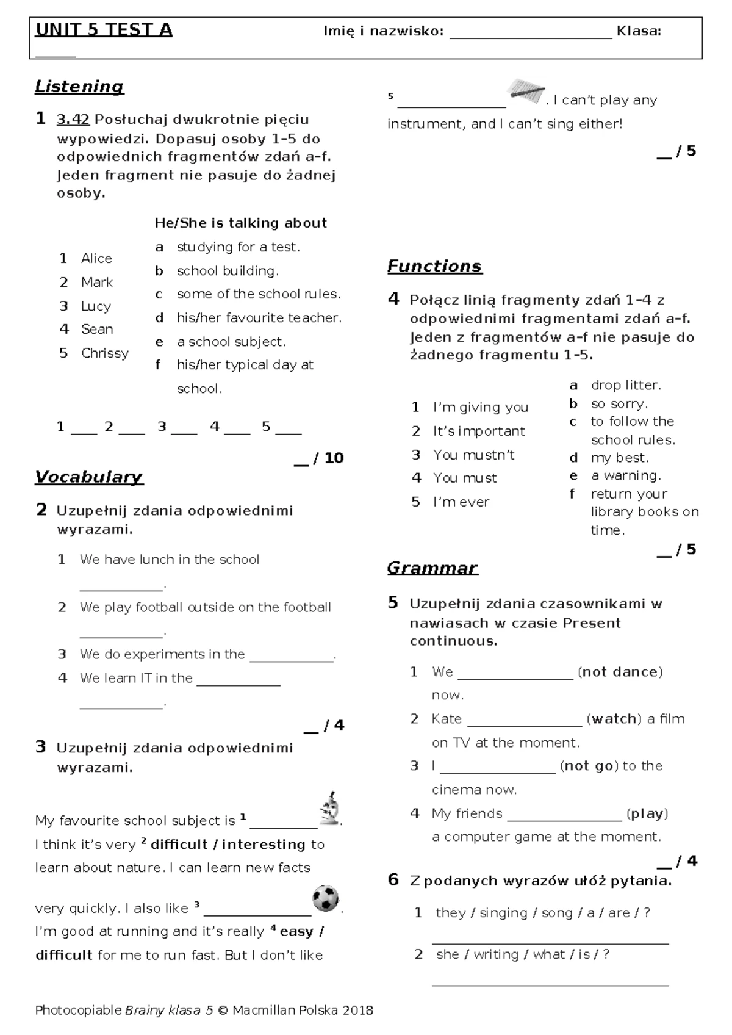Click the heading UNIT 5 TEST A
[104, 30]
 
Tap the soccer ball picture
[326, 899]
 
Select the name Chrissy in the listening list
[105, 353]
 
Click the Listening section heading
[79, 87]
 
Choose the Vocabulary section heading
[89, 477]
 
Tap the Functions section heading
[434, 266]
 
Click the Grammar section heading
[432, 568]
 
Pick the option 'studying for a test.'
[238, 247]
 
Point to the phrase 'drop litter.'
[626, 385]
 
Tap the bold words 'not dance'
[620, 672]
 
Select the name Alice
[96, 259]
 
